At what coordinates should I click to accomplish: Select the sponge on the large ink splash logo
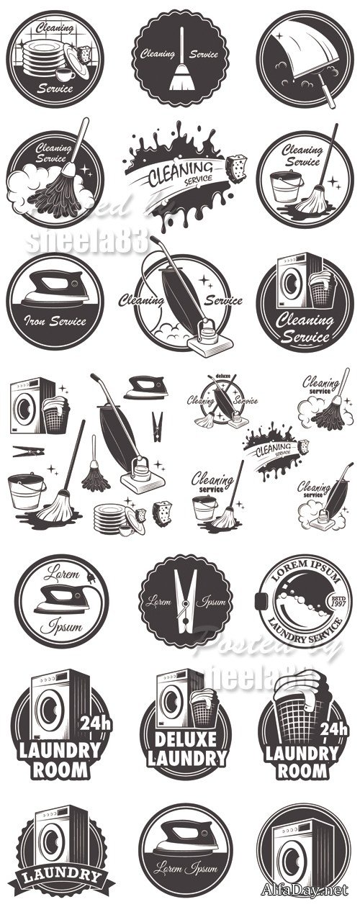click(238, 167)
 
